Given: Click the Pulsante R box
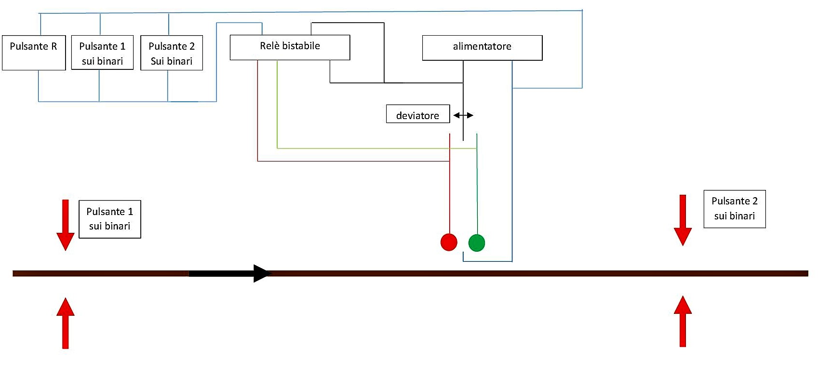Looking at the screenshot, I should [x=34, y=53].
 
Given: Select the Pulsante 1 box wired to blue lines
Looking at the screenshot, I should [x=102, y=53].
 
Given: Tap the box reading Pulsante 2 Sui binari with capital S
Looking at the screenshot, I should [x=172, y=53].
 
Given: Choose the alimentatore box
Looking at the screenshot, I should [x=482, y=48].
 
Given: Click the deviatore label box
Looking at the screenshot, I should [x=418, y=114].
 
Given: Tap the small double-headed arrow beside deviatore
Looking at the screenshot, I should [x=463, y=115].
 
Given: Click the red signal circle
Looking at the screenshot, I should [x=449, y=242].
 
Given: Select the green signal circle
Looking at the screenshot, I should [x=477, y=242].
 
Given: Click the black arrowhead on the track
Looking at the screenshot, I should [x=262, y=273].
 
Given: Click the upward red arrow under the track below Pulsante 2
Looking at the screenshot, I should [x=683, y=322].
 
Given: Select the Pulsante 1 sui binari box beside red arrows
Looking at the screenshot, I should [x=110, y=219].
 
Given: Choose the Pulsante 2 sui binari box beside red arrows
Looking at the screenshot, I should [x=735, y=209].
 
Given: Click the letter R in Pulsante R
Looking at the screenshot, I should [x=54, y=46].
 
